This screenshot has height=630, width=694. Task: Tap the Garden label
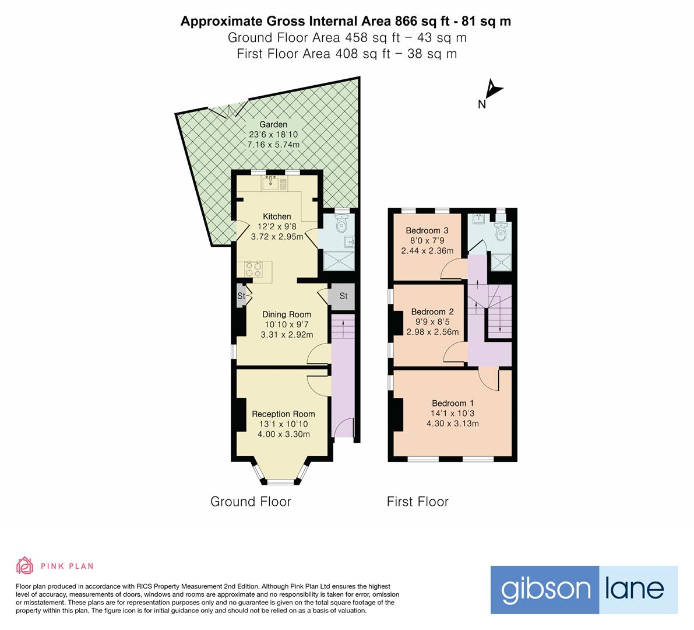tap(273, 124)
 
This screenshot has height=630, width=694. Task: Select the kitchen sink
tap(271, 184)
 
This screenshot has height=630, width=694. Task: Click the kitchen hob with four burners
tap(253, 268)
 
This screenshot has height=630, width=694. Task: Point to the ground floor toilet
tap(343, 222)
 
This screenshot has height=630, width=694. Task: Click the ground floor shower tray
tap(338, 262)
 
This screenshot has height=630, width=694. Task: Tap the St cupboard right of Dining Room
tap(343, 296)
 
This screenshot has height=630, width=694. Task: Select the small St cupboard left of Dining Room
tap(241, 296)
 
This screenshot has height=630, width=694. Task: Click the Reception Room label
tap(283, 414)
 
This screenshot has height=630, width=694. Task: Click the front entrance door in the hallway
tap(345, 428)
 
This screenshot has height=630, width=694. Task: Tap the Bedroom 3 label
tap(427, 230)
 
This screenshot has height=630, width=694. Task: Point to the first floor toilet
tap(500, 233)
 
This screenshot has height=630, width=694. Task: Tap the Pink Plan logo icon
tap(24, 565)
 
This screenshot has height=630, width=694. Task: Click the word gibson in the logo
tap(545, 589)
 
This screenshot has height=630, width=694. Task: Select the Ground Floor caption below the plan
tap(251, 502)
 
